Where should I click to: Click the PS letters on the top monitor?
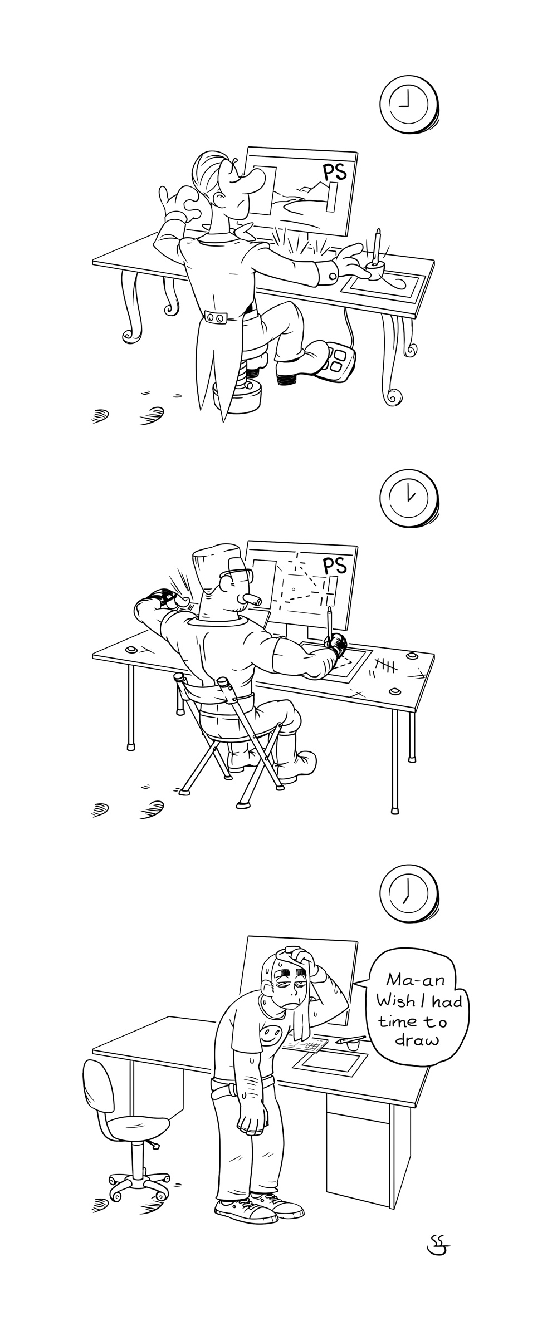[x=334, y=171]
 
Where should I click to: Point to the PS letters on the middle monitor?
[x=335, y=565]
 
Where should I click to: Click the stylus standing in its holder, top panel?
[x=378, y=245]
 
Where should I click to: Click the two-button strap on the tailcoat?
[x=215, y=317]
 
